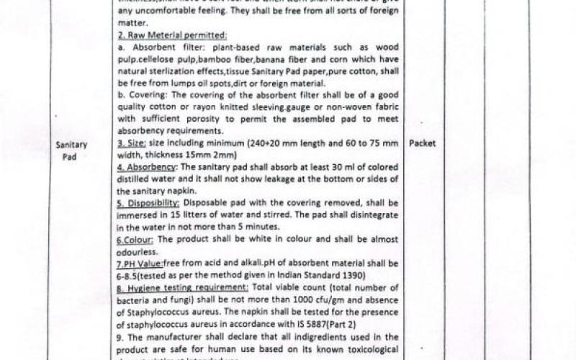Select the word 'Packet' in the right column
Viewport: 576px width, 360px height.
(x=423, y=143)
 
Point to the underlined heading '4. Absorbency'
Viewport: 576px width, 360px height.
(x=147, y=167)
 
